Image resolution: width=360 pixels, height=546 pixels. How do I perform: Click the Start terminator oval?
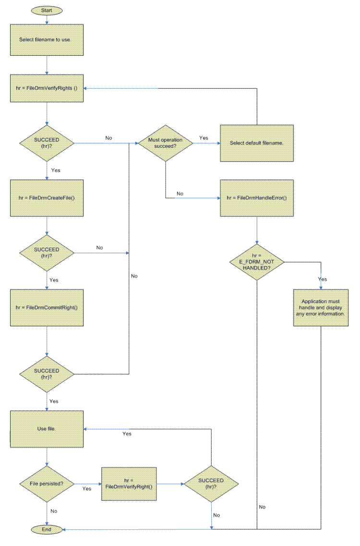click(46, 10)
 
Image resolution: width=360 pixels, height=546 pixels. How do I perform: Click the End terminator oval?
click(46, 530)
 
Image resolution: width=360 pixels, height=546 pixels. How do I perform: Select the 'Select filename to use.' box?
click(47, 39)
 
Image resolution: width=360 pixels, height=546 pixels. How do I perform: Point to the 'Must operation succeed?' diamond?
click(165, 143)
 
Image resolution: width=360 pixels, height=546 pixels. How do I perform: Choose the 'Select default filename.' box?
click(257, 143)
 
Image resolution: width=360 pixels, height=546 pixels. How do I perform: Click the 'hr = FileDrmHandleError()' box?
click(257, 198)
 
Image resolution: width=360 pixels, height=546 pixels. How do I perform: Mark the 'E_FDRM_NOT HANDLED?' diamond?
click(257, 262)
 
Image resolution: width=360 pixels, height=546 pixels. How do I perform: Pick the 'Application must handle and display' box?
click(321, 308)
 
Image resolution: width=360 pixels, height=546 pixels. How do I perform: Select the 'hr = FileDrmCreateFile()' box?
click(47, 198)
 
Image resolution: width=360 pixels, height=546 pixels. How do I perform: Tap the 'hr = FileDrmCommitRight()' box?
click(47, 308)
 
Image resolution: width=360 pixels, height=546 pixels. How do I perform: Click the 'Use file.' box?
click(47, 428)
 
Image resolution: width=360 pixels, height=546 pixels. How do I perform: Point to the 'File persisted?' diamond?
click(47, 484)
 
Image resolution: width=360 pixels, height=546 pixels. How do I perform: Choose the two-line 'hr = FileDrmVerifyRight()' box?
click(128, 484)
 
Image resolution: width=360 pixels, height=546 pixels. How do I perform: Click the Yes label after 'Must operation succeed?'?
click(204, 138)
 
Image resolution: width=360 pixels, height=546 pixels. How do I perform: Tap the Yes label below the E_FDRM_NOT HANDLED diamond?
click(323, 279)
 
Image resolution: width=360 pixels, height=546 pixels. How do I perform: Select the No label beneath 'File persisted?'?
click(54, 511)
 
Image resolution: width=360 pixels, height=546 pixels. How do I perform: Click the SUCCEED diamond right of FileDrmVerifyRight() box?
click(211, 484)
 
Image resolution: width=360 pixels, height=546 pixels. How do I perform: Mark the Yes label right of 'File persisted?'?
click(87, 489)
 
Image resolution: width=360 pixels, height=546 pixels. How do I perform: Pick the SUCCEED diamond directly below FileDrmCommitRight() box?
click(47, 374)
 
